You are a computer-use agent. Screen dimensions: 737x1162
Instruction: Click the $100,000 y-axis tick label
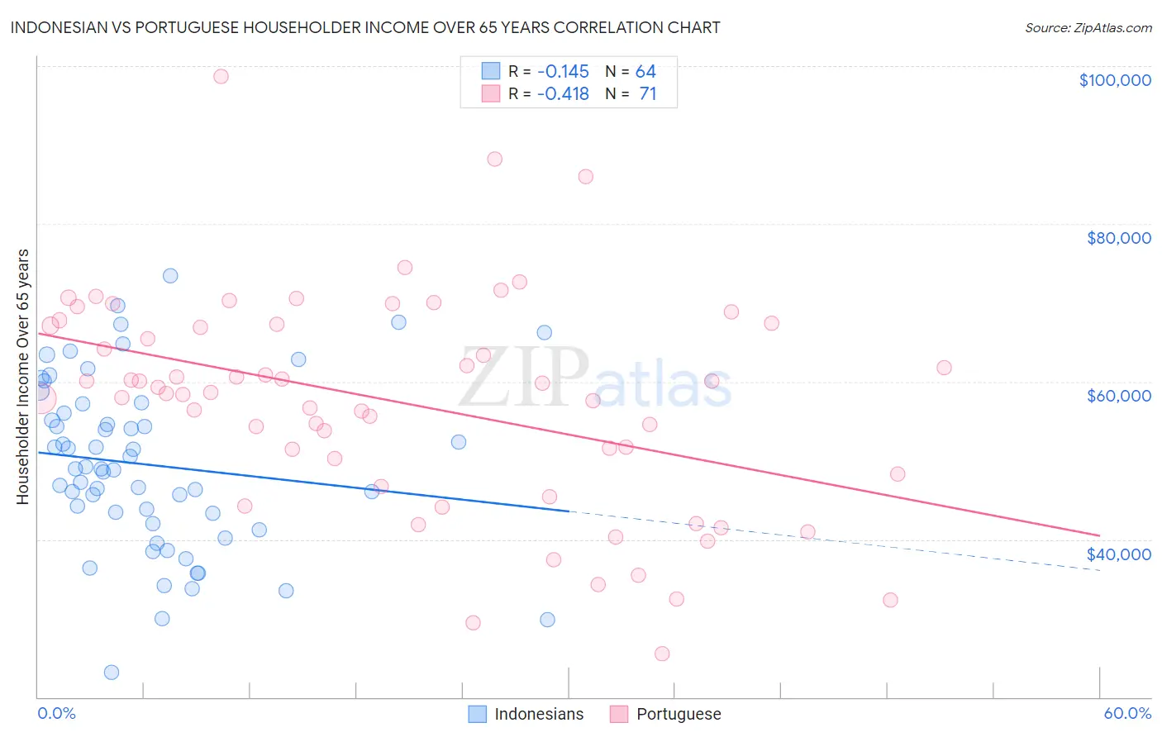coord(1114,80)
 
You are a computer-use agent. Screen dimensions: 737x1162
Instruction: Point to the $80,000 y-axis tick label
coord(1118,238)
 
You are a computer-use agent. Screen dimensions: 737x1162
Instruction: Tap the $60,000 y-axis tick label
coord(1118,396)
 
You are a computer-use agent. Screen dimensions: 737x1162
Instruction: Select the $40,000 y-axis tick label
coord(1118,554)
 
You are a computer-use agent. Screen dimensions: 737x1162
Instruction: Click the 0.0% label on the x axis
coord(56,713)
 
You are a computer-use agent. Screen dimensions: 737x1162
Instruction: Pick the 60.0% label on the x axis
coord(1127,713)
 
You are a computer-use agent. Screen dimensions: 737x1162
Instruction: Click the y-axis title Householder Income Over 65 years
coord(22,377)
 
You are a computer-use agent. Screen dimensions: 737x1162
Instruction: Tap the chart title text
coord(364,27)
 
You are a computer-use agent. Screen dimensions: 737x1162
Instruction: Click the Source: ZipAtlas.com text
coord(1088,28)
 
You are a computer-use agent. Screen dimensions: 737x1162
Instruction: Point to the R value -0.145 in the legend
coord(563,72)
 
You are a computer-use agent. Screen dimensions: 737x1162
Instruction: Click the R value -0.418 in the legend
coord(563,94)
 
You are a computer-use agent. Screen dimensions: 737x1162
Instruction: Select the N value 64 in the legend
coord(645,72)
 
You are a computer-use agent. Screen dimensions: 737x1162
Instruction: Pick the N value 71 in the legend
coord(648,94)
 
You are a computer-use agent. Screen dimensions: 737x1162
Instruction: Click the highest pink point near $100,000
coord(221,76)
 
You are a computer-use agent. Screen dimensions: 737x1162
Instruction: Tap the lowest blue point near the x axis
coord(112,673)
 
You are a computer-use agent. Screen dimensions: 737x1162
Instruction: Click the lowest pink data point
coord(662,654)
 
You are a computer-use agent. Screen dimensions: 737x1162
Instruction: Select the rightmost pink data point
coord(944,368)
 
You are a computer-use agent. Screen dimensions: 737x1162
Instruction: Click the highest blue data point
coord(170,276)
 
